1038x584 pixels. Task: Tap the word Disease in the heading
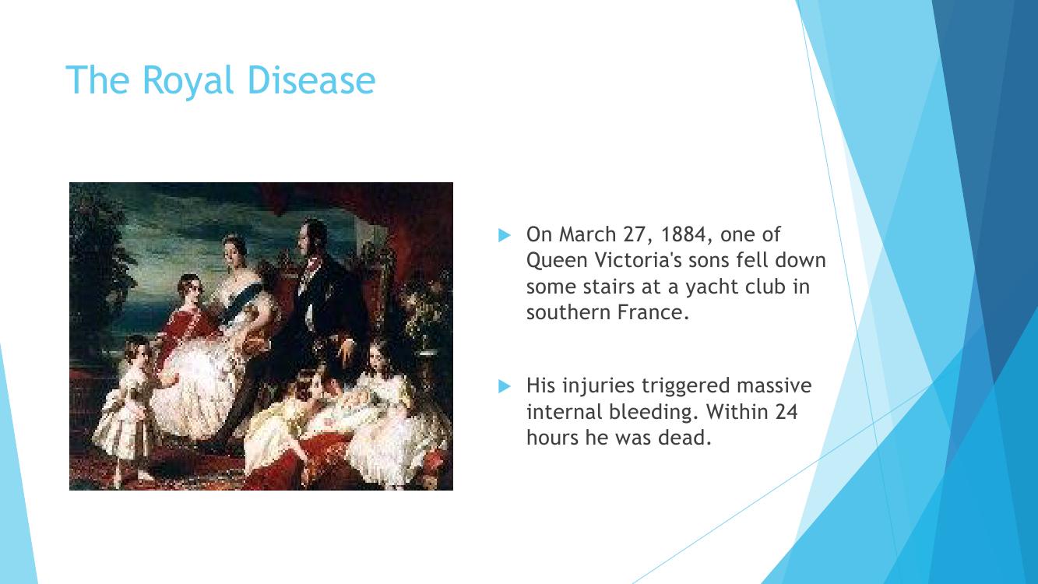point(311,79)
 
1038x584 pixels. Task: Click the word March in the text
point(587,234)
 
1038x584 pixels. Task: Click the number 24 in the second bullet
point(786,412)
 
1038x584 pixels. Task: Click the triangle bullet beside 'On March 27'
point(504,235)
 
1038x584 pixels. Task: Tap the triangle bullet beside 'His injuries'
point(504,386)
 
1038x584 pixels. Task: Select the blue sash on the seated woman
point(239,303)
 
